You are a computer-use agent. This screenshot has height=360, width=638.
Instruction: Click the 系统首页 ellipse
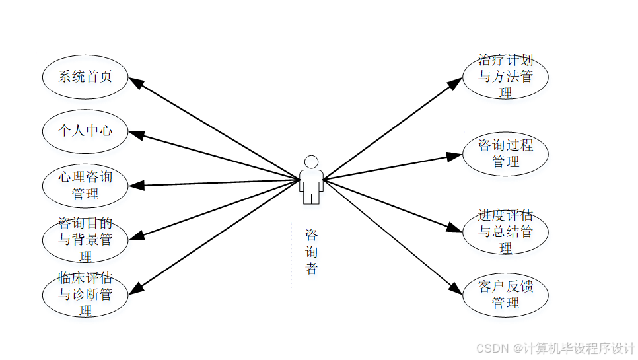(x=85, y=77)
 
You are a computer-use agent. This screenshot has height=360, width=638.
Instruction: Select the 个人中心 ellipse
(x=85, y=131)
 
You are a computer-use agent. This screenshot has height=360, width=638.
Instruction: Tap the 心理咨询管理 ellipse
(x=85, y=186)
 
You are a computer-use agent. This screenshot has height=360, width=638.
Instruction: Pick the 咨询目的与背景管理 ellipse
(x=85, y=239)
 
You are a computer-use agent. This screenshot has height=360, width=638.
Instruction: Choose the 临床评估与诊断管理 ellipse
(x=85, y=294)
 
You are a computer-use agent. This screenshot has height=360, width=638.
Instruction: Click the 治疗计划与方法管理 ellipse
(x=505, y=77)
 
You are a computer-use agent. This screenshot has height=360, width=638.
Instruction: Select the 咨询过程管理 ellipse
(x=505, y=153)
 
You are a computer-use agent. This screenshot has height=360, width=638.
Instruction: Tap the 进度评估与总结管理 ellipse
(x=505, y=231)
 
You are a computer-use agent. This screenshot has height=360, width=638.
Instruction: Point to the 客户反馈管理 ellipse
(x=505, y=295)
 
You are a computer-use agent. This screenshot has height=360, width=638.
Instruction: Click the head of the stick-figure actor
(x=311, y=162)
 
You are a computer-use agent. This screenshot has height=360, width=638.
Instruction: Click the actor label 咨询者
(x=311, y=252)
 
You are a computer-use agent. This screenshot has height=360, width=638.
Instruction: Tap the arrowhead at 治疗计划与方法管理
(x=456, y=82)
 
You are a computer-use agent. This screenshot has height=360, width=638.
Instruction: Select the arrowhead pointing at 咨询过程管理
(x=456, y=157)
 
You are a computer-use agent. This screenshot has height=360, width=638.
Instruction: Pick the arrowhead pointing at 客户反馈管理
(x=456, y=289)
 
